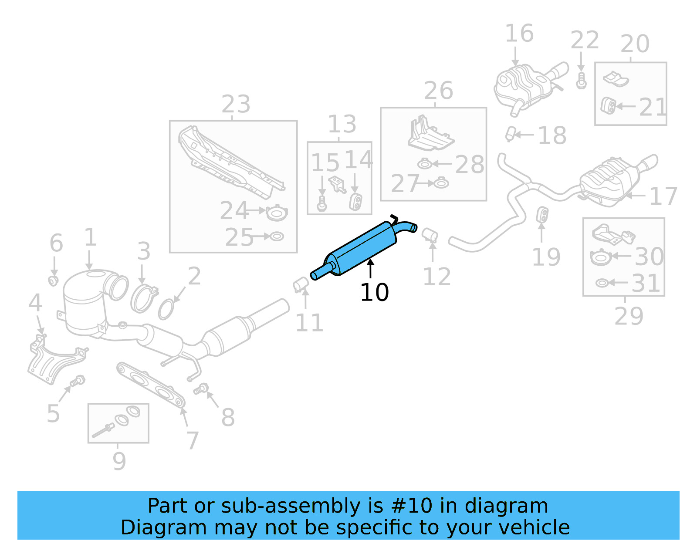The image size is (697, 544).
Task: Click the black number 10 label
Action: click(374, 293)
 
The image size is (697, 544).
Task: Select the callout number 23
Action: click(236, 105)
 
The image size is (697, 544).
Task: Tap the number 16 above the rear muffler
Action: click(519, 34)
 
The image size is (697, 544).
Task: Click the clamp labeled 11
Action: click(300, 284)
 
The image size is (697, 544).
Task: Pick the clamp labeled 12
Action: click(430, 234)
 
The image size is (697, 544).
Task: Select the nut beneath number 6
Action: click(53, 280)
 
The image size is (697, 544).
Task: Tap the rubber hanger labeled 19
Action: click(542, 214)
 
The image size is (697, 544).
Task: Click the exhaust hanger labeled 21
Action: click(608, 106)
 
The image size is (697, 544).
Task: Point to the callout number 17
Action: click(663, 196)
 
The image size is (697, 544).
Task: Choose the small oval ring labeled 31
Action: click(602, 284)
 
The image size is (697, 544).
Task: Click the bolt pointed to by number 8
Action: click(201, 388)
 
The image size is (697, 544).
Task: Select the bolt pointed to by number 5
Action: click(78, 381)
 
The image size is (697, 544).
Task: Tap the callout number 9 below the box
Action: click(119, 461)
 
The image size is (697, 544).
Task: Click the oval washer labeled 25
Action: click(277, 237)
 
